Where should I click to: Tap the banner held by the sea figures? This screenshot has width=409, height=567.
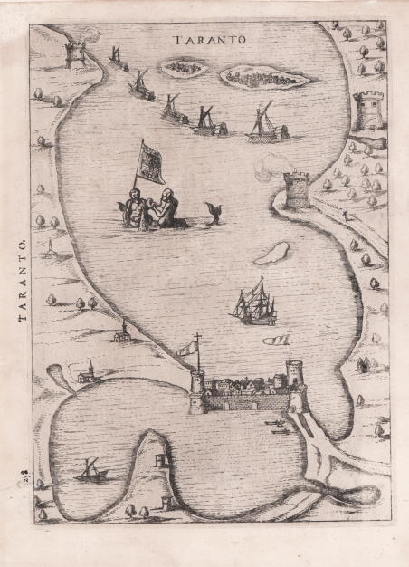150,163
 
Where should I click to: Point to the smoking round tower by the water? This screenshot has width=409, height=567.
296,189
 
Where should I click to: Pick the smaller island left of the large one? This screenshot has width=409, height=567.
184,67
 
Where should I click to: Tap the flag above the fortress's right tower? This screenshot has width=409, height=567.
277,341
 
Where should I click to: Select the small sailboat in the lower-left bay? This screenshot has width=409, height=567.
92,469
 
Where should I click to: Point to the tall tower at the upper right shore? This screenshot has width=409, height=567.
368,111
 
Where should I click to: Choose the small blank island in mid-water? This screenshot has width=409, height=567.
271,253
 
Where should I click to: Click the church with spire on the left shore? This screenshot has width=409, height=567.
88,371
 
